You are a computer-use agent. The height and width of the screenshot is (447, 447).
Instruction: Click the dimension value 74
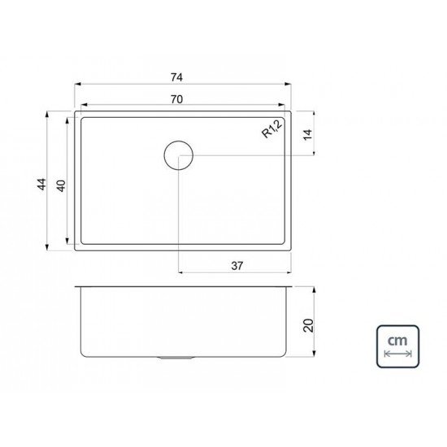point(176,77)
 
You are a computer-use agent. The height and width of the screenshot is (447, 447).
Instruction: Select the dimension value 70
point(176,99)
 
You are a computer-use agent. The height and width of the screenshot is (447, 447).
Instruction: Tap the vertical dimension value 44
point(41,184)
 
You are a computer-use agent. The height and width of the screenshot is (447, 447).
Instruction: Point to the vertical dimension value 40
point(61,186)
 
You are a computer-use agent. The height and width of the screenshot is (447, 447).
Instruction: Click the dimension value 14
point(308,135)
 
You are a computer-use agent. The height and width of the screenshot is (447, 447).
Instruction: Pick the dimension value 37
point(237,266)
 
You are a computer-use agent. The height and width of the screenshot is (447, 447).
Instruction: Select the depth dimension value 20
point(309,325)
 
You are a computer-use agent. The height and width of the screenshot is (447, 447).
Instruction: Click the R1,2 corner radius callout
point(272,128)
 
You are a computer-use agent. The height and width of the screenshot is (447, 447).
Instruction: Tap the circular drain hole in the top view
point(179,155)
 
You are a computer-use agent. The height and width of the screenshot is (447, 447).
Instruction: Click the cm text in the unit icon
point(397,341)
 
